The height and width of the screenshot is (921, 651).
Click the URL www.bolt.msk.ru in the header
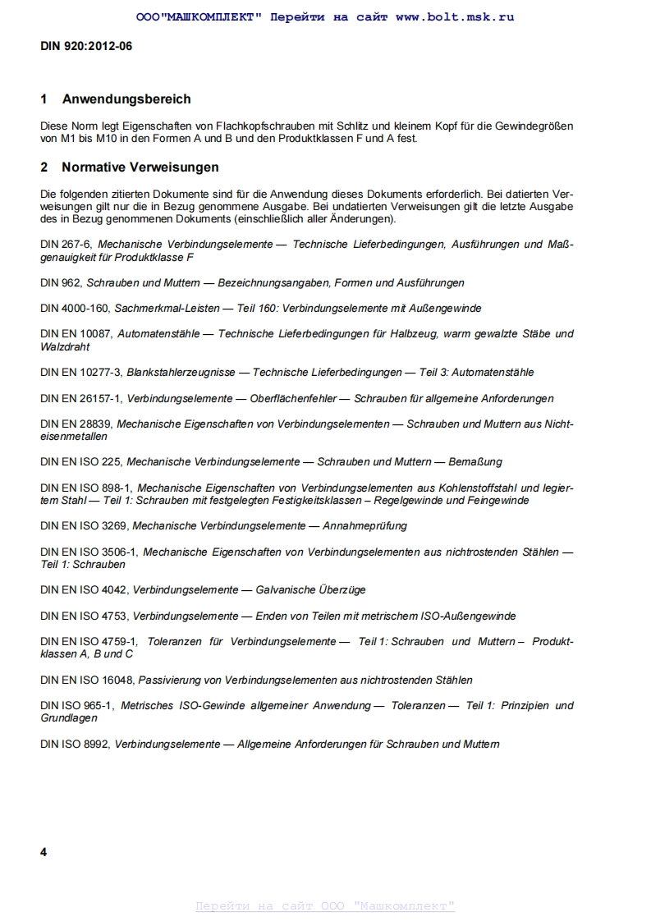[x=455, y=16]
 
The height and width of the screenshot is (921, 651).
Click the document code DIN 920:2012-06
[x=86, y=46]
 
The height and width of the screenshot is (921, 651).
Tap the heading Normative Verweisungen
[x=140, y=167]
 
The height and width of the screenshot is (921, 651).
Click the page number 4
[x=44, y=852]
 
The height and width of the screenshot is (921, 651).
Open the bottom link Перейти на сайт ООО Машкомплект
[x=325, y=906]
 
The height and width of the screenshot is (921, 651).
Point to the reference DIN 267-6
[x=66, y=245]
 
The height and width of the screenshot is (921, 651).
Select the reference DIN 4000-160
[x=75, y=309]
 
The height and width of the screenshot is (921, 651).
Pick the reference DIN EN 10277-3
[x=80, y=373]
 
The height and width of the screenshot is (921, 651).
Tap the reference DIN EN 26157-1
[x=80, y=399]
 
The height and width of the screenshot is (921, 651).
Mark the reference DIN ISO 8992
[x=74, y=745]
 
